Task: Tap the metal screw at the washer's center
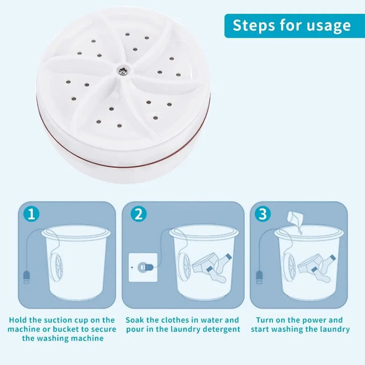click(x=122, y=69)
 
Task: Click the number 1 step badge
click(x=31, y=214)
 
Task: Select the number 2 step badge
click(x=139, y=214)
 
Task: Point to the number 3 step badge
click(x=263, y=214)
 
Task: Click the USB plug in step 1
click(x=26, y=277)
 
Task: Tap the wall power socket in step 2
click(x=143, y=267)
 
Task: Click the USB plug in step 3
click(x=259, y=277)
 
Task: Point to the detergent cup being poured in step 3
click(x=295, y=218)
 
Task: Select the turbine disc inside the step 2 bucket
click(x=184, y=267)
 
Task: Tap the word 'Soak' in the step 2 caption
click(x=135, y=320)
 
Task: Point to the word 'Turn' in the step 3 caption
click(x=265, y=320)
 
